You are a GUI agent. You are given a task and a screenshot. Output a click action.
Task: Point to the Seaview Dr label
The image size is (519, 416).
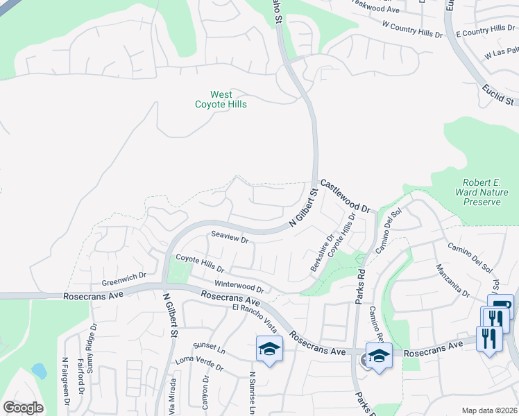click(x=229, y=239)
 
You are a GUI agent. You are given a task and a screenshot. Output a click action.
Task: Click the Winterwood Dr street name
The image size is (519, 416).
click(x=239, y=285)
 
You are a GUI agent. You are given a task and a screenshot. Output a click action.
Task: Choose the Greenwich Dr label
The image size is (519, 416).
click(x=124, y=279)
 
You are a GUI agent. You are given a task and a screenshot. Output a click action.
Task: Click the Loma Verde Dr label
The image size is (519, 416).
click(x=199, y=363)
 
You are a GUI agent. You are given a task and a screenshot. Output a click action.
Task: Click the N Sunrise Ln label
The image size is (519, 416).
click(x=253, y=392)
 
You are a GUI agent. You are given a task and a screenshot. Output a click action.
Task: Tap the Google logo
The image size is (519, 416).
click(x=22, y=408)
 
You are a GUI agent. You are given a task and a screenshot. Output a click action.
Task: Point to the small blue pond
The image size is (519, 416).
click(x=40, y=371)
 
